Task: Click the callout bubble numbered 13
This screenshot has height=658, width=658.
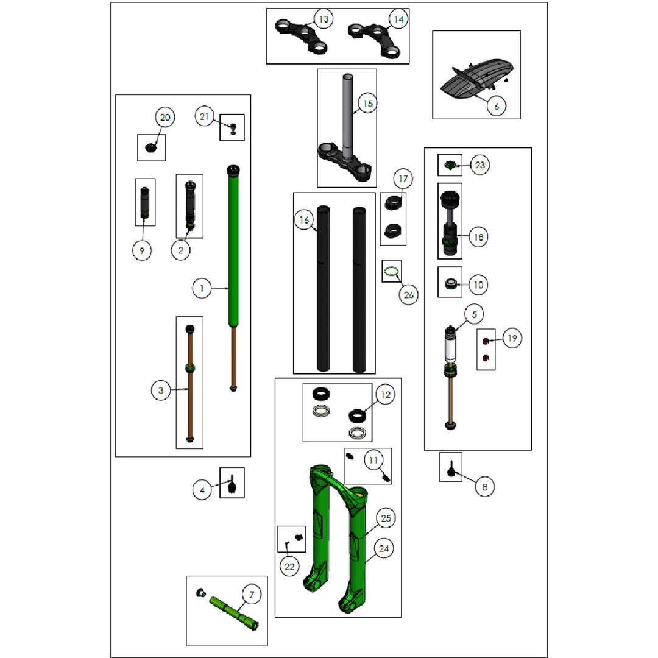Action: pyautogui.click(x=324, y=19)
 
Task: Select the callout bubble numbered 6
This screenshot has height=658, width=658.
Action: pyautogui.click(x=497, y=106)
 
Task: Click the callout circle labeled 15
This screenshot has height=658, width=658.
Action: pyautogui.click(x=367, y=103)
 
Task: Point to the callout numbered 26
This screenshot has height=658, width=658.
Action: pyautogui.click(x=408, y=295)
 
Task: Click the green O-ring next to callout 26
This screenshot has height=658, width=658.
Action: pyautogui.click(x=391, y=272)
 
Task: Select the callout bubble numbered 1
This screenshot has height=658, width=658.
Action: pyautogui.click(x=202, y=289)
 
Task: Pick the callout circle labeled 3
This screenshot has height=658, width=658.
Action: pyautogui.click(x=161, y=391)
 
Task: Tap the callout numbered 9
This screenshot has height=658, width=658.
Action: pyautogui.click(x=142, y=250)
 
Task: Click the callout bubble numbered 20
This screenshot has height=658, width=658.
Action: pyautogui.click(x=165, y=117)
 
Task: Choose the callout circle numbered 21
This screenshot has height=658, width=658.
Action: pyautogui.click(x=204, y=116)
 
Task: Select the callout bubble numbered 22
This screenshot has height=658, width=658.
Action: pyautogui.click(x=289, y=567)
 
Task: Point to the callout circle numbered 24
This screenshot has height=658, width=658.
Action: pyautogui.click(x=384, y=548)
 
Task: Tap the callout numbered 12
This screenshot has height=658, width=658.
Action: pyautogui.click(x=385, y=394)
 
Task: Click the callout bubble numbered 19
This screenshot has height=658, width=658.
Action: pyautogui.click(x=512, y=338)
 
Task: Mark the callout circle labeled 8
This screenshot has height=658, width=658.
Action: pyautogui.click(x=485, y=487)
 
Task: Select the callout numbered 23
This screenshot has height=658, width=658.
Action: pyautogui.click(x=479, y=165)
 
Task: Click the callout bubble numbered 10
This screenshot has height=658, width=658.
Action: pyautogui.click(x=478, y=285)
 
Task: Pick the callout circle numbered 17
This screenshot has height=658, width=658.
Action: pyautogui.click(x=403, y=179)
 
